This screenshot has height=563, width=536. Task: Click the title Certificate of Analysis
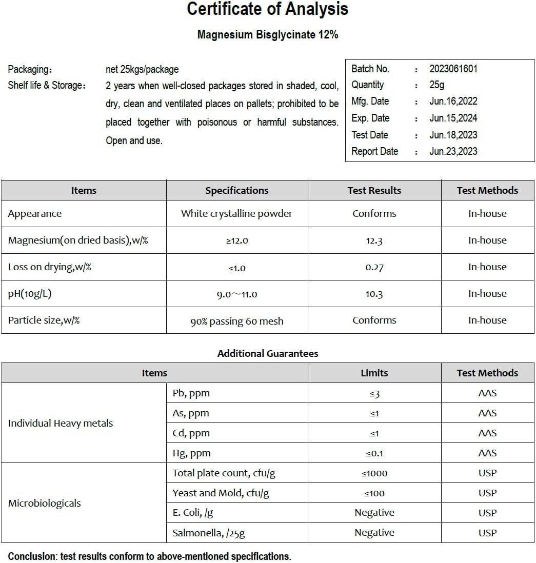(x=267, y=9)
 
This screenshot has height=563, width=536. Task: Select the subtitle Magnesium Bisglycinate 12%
(x=267, y=35)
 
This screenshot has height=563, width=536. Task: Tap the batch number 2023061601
(x=453, y=69)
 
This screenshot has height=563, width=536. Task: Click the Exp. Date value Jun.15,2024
(x=453, y=118)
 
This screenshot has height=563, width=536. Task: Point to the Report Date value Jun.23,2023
(x=453, y=151)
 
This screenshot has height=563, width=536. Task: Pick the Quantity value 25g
(x=437, y=85)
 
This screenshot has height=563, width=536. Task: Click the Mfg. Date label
(x=370, y=102)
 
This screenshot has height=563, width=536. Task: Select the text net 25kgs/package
(x=142, y=69)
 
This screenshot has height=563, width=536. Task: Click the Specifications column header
(x=236, y=191)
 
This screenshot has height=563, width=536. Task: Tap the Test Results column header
(x=374, y=191)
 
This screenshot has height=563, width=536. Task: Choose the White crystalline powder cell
(x=236, y=214)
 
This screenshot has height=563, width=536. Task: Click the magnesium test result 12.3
(x=374, y=240)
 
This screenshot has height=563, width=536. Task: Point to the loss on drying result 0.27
(x=374, y=267)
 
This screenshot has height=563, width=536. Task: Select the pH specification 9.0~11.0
(x=236, y=294)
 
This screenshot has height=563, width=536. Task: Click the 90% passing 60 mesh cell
(x=236, y=321)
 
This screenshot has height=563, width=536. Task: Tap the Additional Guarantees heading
(x=267, y=353)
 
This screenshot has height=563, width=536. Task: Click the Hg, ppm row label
(x=191, y=453)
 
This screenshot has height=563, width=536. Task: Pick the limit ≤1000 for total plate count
(x=374, y=473)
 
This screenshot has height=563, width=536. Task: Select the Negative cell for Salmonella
(x=374, y=533)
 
